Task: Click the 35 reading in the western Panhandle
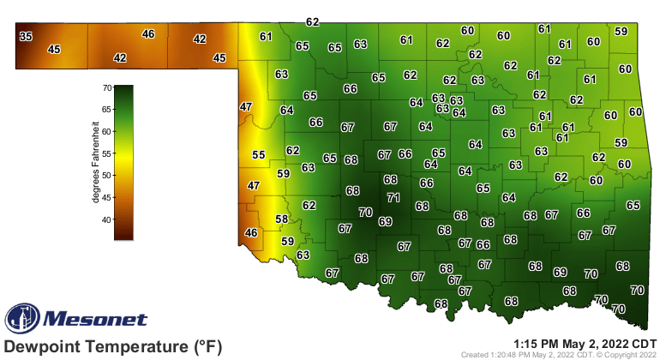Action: [26, 36]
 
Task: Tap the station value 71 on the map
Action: [393, 197]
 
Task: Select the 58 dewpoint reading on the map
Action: [281, 219]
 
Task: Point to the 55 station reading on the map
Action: [258, 155]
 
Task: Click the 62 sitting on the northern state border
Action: [313, 22]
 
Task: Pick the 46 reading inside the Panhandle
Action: [148, 34]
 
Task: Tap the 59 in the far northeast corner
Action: [621, 32]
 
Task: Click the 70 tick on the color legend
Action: [107, 87]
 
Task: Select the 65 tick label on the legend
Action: [107, 110]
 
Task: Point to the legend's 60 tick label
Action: [107, 131]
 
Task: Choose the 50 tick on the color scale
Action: [107, 175]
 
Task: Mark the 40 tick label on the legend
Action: [107, 219]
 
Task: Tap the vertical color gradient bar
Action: [123, 162]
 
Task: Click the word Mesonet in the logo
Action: [94, 320]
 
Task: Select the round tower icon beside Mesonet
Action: [22, 319]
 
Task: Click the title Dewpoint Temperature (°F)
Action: [113, 346]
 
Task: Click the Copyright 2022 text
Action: [630, 354]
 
